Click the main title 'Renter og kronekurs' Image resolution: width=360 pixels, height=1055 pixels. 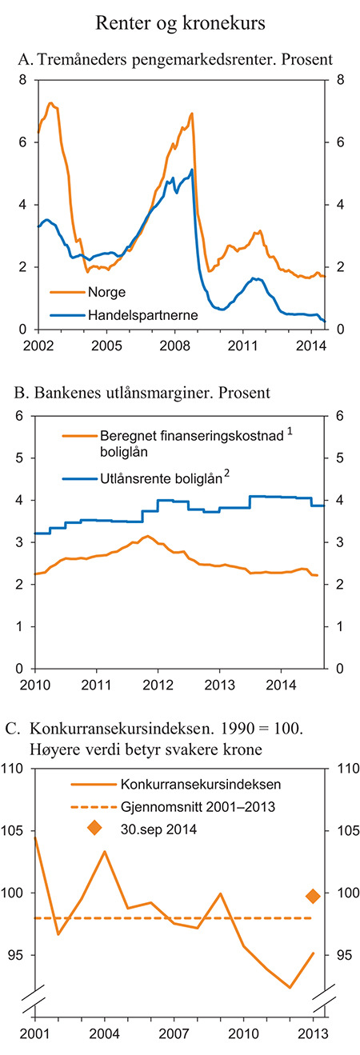coord(180,24)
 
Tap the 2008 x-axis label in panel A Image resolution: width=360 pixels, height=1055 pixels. coord(174,345)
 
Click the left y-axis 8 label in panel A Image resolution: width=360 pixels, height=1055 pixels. coord(22,80)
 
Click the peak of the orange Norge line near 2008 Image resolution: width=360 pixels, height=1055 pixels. coord(192,114)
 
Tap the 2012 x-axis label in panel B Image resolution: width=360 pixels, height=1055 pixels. coord(158,685)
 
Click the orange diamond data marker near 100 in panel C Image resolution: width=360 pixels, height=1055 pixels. coord(313,896)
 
